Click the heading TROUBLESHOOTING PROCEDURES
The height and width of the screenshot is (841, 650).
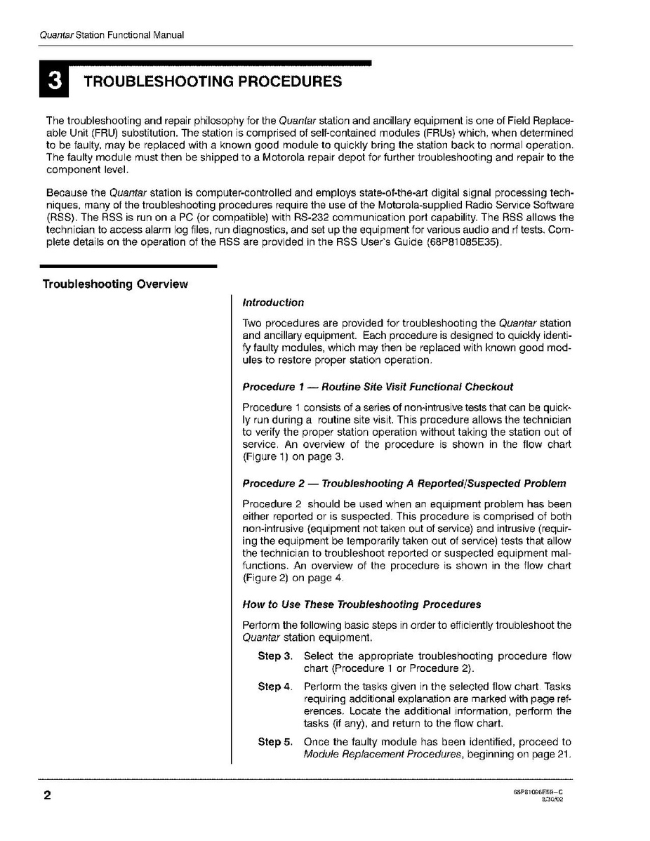point(213,81)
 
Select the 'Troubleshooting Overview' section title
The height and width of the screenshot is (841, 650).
point(115,284)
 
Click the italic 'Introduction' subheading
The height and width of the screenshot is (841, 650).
point(272,303)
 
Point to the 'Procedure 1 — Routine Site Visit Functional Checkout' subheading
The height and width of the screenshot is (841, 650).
point(377,387)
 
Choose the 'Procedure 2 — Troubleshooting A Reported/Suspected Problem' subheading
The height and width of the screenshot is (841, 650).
point(404,484)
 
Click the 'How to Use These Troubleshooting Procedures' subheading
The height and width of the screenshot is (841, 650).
point(362,604)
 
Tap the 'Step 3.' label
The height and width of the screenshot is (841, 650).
point(274,656)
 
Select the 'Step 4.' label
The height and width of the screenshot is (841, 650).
point(274,687)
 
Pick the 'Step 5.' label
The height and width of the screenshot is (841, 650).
point(274,742)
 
